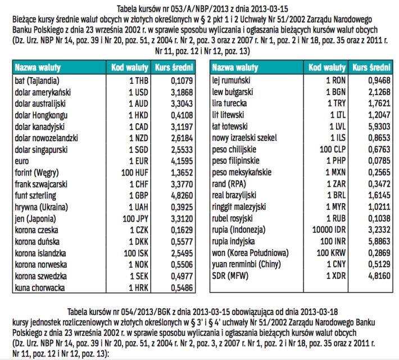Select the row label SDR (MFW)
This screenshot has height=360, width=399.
(230, 276)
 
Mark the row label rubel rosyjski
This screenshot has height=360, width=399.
(237, 218)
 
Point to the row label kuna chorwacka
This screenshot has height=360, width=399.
(39, 287)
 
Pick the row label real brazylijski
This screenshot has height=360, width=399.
(238, 195)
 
